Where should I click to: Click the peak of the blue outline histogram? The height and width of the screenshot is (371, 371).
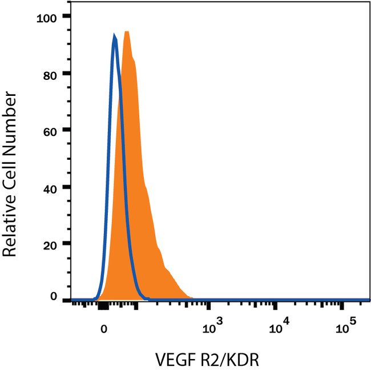tap(115, 35)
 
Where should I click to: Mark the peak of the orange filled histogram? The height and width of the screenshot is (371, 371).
tap(127, 32)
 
